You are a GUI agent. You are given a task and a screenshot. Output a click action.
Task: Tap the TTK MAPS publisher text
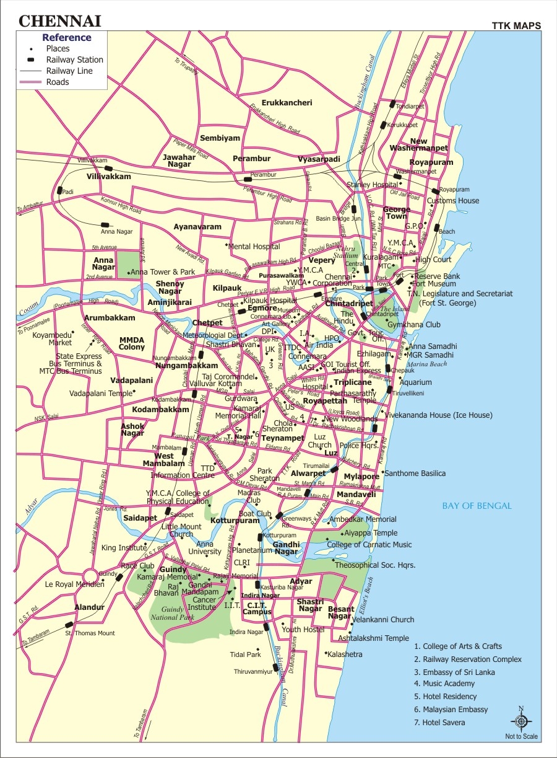click(x=516, y=26)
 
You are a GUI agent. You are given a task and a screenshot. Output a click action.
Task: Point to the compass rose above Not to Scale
click(x=521, y=721)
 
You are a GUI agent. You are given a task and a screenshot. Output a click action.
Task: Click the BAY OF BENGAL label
click(x=477, y=506)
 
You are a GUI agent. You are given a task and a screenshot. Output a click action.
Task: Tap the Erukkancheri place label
click(x=287, y=102)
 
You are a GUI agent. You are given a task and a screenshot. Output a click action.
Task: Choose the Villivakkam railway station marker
click(x=108, y=168)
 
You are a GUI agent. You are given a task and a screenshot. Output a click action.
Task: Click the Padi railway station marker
click(x=60, y=191)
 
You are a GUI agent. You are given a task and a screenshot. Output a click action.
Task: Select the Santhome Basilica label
click(x=415, y=474)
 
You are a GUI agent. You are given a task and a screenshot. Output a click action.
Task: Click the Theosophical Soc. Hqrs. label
click(x=374, y=565)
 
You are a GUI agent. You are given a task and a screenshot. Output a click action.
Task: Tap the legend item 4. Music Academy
click(x=444, y=684)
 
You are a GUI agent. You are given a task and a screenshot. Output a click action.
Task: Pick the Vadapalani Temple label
click(x=101, y=394)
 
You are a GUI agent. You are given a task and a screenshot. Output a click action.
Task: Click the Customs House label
click(x=453, y=201)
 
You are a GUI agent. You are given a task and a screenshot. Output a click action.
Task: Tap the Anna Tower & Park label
click(x=162, y=272)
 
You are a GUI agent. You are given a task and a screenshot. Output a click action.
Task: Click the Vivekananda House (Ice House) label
click(x=438, y=415)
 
